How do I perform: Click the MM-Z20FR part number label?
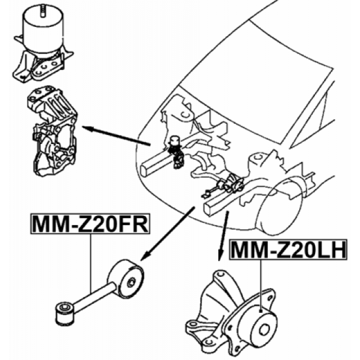(90, 224)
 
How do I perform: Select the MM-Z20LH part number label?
(288, 250)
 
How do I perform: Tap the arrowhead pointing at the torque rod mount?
(144, 256)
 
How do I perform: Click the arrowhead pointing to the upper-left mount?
(87, 128)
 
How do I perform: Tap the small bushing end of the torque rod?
(65, 314)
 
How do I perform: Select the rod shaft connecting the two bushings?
(94, 297)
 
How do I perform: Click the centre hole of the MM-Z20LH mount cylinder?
(264, 330)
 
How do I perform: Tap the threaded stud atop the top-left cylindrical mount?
(43, 10)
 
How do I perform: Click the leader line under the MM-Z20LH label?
(261, 285)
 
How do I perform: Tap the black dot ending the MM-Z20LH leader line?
(261, 311)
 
